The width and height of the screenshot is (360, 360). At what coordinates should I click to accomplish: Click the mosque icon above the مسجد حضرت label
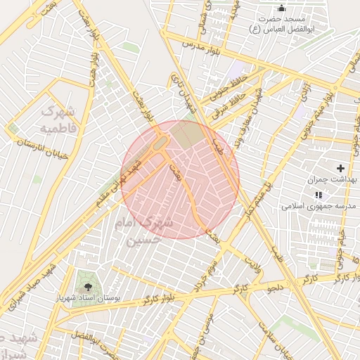(x=282, y=8)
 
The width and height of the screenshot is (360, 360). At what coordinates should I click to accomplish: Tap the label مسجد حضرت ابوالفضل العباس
(x=282, y=23)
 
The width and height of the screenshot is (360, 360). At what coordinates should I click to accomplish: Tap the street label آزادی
(x=304, y=91)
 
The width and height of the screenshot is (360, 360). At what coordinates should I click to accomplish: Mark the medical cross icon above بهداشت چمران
(x=341, y=169)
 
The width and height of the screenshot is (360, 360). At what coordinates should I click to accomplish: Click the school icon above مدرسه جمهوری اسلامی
(x=319, y=195)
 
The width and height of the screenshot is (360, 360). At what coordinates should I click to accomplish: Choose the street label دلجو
(x=274, y=287)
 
